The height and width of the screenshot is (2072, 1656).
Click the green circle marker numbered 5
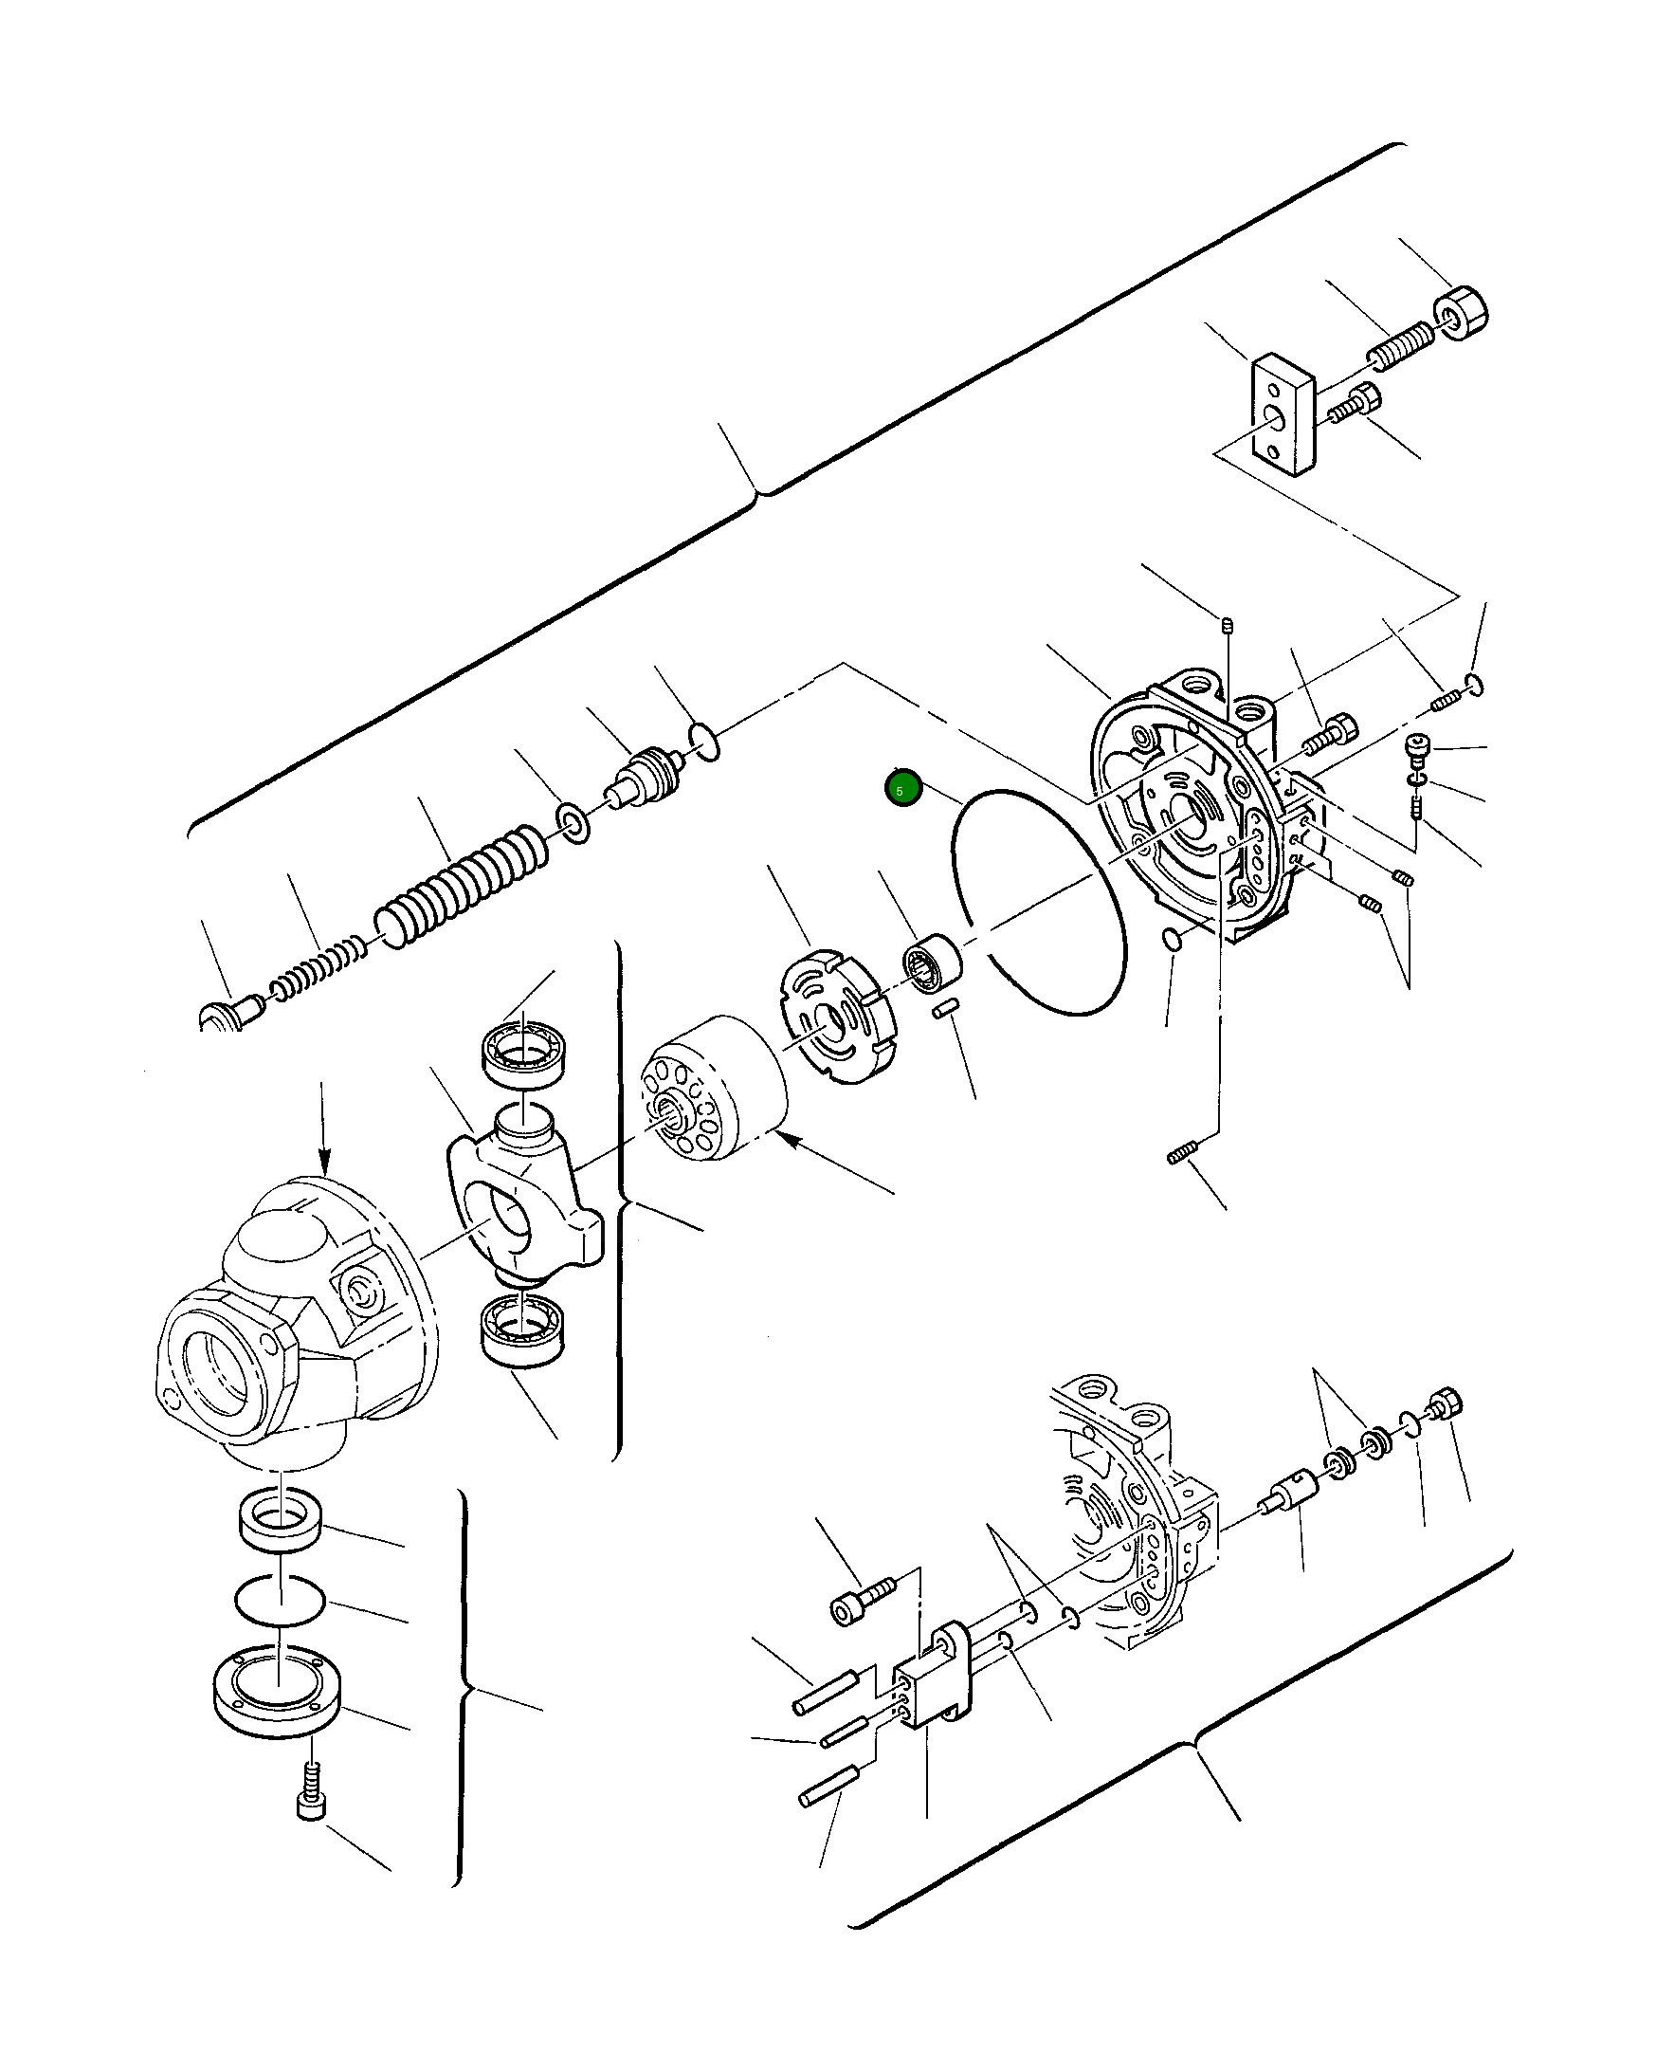click(x=903, y=789)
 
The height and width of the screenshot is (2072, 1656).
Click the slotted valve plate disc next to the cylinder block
click(x=834, y=1017)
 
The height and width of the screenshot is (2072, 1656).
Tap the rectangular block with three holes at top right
click(x=1283, y=414)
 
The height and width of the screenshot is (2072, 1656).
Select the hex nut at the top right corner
click(x=1460, y=314)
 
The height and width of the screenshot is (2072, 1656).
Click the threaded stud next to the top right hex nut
click(x=1401, y=347)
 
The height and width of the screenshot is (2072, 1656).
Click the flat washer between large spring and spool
click(x=574, y=824)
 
